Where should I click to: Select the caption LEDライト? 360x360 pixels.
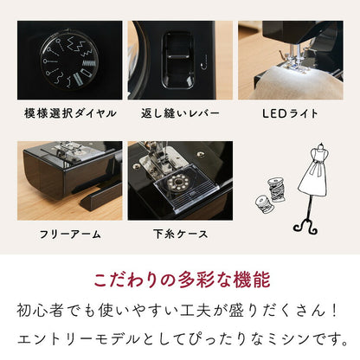click(291, 113)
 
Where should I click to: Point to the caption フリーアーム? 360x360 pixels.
click(70, 234)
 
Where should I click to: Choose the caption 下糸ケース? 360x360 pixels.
click(180, 234)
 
